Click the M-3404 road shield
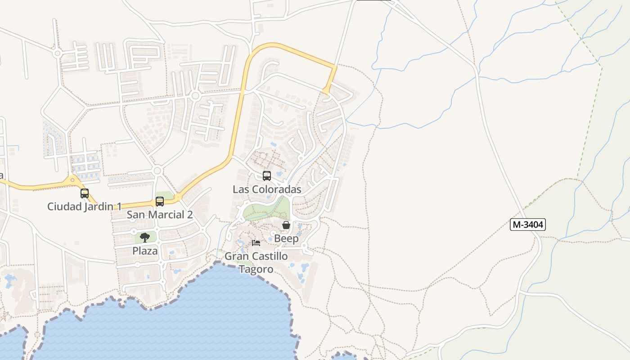point(527,225)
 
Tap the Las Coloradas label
point(267,189)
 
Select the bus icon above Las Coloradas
point(267,176)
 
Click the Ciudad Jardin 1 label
point(85,207)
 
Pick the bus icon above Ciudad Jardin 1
point(85,193)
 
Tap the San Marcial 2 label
point(160,215)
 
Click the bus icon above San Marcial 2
point(160,202)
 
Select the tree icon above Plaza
point(145,237)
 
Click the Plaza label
point(145,251)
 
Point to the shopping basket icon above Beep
point(286,225)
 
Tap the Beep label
point(286,238)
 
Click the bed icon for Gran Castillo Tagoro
point(256,243)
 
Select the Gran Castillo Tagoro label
point(256,262)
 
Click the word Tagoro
point(256,269)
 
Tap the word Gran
point(235,256)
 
